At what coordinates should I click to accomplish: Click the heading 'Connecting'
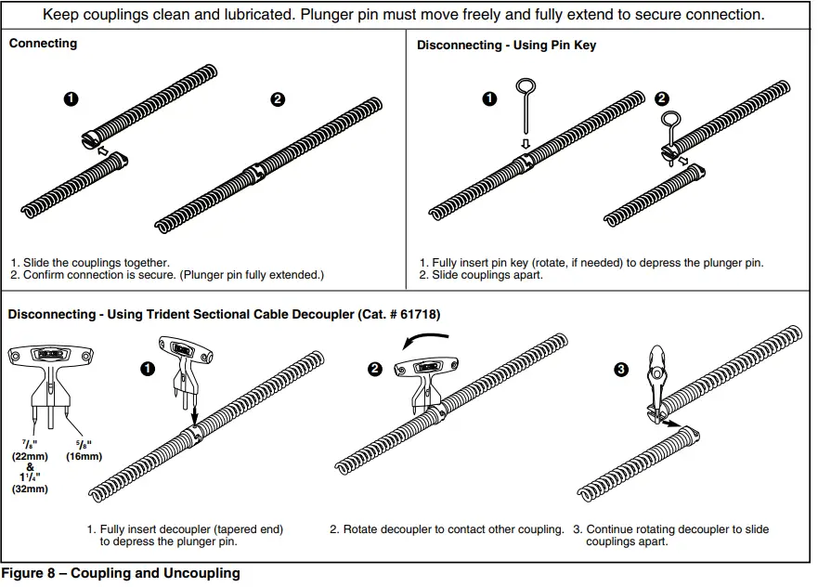click(43, 44)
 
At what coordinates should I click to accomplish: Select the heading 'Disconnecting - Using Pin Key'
click(506, 45)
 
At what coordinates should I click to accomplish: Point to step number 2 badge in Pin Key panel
click(661, 98)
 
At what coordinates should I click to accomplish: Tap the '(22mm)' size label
click(30, 456)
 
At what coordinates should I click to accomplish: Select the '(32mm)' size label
click(30, 489)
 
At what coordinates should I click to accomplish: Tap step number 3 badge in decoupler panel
click(621, 370)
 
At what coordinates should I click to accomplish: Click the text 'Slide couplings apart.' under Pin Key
click(487, 275)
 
